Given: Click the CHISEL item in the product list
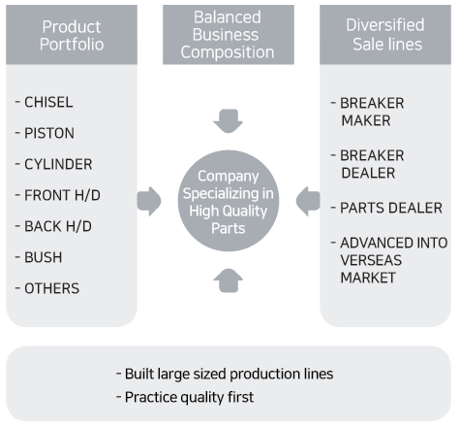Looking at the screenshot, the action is click(x=48, y=102).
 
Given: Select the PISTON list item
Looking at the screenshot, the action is click(x=49, y=133).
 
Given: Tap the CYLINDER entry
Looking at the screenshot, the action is click(x=58, y=164).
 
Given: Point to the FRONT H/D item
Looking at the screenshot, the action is click(x=62, y=195).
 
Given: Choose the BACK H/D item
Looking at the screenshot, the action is click(x=58, y=226).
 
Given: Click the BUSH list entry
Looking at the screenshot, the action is click(x=44, y=257).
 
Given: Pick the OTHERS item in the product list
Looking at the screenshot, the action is click(x=51, y=288).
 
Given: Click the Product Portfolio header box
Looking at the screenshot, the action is click(x=72, y=35).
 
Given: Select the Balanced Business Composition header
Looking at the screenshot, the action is click(x=229, y=35).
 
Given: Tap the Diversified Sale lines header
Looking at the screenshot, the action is click(x=385, y=35).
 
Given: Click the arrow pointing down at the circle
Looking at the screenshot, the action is click(x=229, y=121).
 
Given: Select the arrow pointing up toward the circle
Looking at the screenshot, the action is click(x=229, y=280).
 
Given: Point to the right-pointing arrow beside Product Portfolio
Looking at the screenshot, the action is click(x=149, y=201).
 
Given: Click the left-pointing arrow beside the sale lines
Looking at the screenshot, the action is click(x=308, y=201).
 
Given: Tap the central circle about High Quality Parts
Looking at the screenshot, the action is click(x=229, y=201).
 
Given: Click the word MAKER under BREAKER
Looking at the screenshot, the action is click(x=366, y=120).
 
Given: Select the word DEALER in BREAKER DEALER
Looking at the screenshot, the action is click(x=368, y=173).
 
